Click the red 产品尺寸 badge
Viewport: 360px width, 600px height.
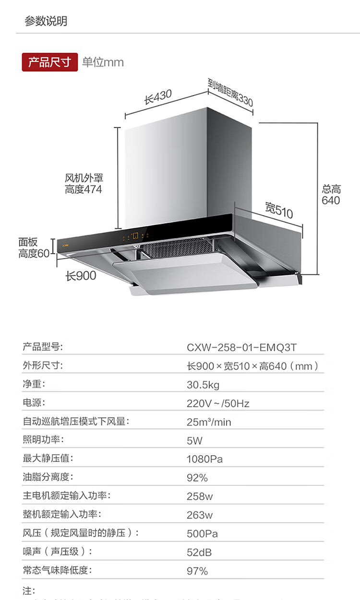[x=49, y=62]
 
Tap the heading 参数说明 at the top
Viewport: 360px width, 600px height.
[x=46, y=21]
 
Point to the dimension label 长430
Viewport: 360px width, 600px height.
[x=158, y=97]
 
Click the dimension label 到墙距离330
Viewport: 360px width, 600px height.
[x=230, y=93]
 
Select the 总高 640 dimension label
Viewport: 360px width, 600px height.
[x=331, y=195]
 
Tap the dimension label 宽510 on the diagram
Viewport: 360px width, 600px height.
[x=278, y=210]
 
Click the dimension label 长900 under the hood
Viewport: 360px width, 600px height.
[x=81, y=276]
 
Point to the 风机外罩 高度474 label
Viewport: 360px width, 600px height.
[x=84, y=184]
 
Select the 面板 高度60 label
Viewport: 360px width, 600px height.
[x=34, y=248]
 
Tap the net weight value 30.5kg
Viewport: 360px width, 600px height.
[x=203, y=385]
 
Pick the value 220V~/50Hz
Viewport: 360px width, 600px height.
[x=218, y=403]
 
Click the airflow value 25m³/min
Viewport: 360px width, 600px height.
[x=209, y=422]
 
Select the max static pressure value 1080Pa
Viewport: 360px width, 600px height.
[x=204, y=459]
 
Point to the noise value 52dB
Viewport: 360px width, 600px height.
[x=199, y=552]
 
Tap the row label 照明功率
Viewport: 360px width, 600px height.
[x=43, y=440]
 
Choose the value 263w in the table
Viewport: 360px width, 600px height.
[x=200, y=515]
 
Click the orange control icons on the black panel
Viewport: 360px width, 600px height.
[x=136, y=235]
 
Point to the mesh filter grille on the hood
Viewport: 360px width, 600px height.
[x=178, y=247]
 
